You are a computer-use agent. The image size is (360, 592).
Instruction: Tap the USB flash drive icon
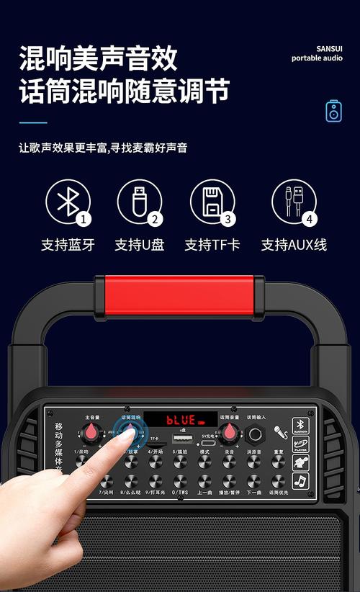(138, 200)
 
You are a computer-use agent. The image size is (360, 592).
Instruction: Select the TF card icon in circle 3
(211, 201)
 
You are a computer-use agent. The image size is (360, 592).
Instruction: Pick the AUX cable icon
(292, 201)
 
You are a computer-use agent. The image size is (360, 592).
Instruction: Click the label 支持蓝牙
(68, 245)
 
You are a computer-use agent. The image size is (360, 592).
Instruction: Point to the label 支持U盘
(139, 245)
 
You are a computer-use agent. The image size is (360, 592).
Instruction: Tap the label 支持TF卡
(212, 245)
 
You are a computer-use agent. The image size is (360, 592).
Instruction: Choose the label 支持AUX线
(294, 245)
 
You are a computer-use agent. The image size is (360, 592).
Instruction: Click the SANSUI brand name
(327, 48)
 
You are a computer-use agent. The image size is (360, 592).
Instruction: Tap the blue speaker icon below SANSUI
(333, 111)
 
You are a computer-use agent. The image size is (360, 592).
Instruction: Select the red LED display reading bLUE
(181, 419)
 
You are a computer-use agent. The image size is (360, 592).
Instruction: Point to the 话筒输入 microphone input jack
(256, 434)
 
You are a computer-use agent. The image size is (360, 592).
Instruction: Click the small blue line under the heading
(32, 122)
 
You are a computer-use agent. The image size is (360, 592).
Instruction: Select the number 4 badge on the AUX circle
(310, 219)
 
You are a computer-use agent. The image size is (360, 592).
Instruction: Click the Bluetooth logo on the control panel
(300, 425)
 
